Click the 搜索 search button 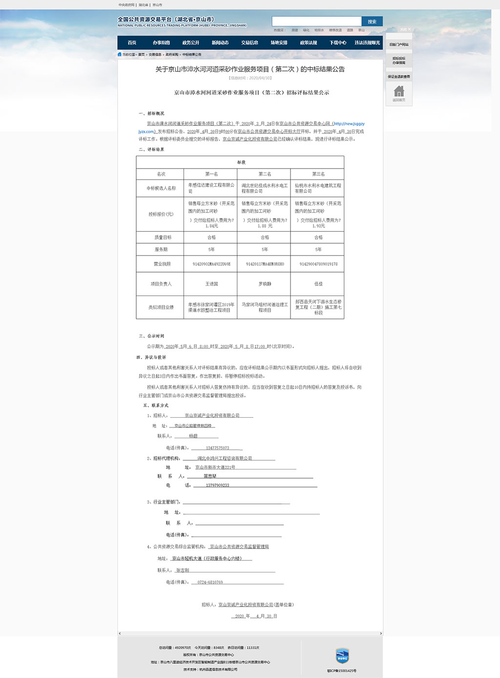(x=372, y=21)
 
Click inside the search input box (x=316, y=21)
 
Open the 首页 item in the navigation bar (x=132, y=43)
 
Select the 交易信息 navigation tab (x=250, y=43)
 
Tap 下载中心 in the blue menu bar (x=338, y=43)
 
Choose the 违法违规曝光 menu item (x=367, y=43)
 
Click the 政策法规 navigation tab (x=309, y=43)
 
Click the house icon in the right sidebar (x=399, y=92)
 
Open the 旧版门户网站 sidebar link (x=399, y=44)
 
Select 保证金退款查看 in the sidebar (x=399, y=77)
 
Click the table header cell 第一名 (x=211, y=174)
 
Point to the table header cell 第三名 (x=318, y=174)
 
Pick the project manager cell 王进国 (x=211, y=284)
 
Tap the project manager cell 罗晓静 (x=265, y=284)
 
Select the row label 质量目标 (x=163, y=237)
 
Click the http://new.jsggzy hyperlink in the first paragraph (x=349, y=124)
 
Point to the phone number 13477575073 (x=217, y=448)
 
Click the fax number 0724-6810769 (x=210, y=582)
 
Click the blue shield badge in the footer (x=342, y=656)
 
